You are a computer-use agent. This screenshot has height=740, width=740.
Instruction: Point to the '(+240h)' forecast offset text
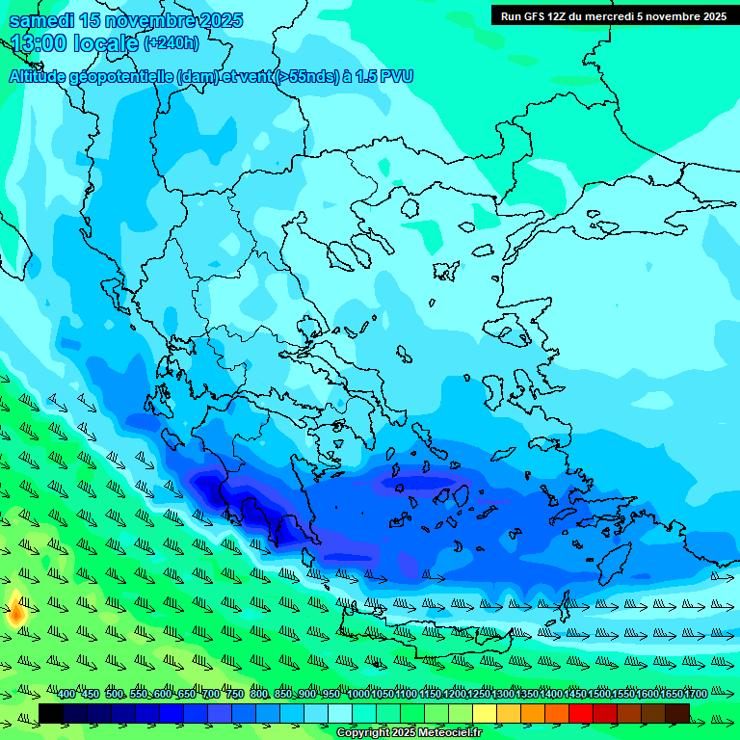pyautogui.click(x=172, y=42)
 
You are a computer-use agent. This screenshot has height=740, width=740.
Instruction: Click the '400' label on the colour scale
pyautogui.click(x=66, y=695)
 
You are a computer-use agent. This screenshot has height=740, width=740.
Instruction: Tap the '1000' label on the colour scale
pyautogui.click(x=358, y=695)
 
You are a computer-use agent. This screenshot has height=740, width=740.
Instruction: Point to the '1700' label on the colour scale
pyautogui.click(x=695, y=695)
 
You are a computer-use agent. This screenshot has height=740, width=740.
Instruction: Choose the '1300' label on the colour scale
pyautogui.click(x=503, y=695)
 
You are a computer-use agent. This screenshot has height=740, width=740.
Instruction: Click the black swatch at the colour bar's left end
pyautogui.click(x=51, y=713)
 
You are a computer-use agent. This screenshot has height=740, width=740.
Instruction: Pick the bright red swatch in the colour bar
pyautogui.click(x=581, y=713)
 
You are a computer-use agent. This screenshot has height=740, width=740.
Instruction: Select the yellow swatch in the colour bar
pyautogui.click(x=485, y=713)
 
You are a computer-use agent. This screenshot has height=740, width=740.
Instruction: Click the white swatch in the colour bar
pyautogui.click(x=340, y=713)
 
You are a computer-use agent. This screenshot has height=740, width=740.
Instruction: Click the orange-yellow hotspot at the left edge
pyautogui.click(x=16, y=611)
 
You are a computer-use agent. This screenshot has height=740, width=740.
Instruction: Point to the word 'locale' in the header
pyautogui.click(x=106, y=42)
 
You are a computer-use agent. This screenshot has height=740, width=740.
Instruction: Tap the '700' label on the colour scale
pyautogui.click(x=211, y=695)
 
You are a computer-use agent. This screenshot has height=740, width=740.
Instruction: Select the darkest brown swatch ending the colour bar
pyautogui.click(x=677, y=713)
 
